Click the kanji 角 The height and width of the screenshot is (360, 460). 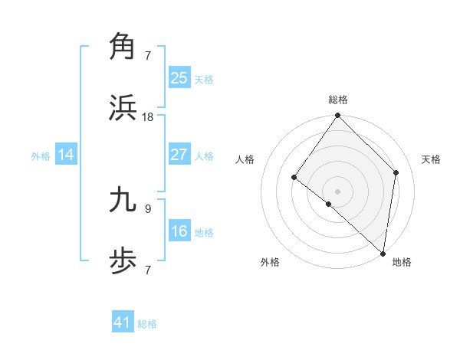(123, 46)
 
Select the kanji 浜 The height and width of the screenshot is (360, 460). (123, 107)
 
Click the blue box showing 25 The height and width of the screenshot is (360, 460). (179, 77)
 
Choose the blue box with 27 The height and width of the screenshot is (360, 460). (179, 155)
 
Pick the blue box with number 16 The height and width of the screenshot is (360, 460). (179, 231)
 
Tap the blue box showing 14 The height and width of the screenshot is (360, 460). (66, 155)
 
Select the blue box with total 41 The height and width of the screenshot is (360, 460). (123, 322)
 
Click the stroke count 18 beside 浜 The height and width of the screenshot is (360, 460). (148, 116)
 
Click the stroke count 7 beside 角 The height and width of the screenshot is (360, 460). (148, 55)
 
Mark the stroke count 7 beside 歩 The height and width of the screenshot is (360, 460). (148, 270)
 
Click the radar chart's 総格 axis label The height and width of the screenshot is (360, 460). (338, 100)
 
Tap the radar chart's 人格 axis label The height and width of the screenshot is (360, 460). (245, 159)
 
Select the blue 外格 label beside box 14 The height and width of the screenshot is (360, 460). (41, 155)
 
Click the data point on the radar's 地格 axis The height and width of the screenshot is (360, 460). (383, 254)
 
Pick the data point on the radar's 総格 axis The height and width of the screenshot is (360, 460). (338, 116)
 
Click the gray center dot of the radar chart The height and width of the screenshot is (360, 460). (338, 191)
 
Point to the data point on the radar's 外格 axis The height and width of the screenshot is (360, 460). (328, 205)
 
